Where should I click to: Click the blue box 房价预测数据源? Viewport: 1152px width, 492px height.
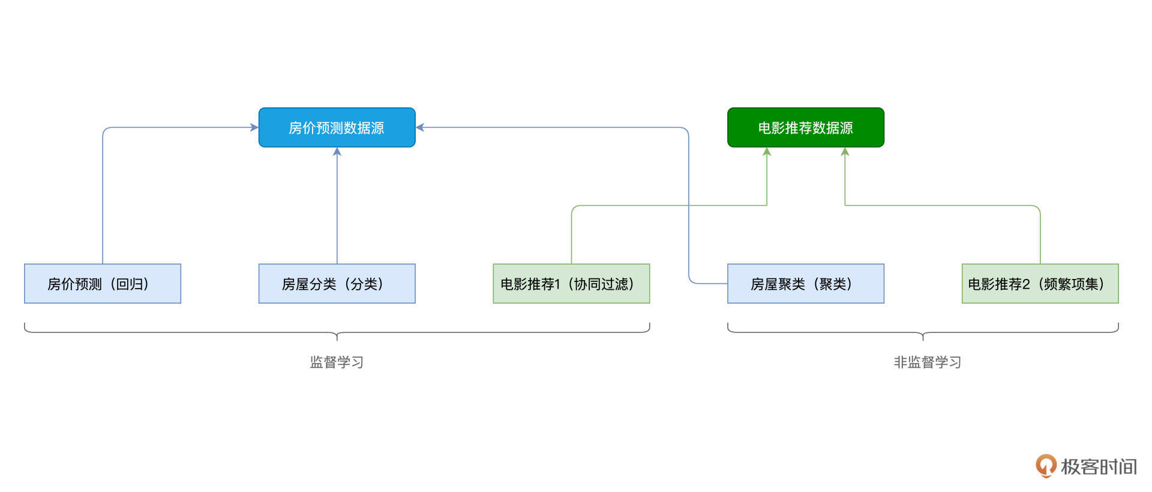pos(337,127)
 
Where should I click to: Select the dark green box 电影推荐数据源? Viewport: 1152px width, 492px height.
pos(805,127)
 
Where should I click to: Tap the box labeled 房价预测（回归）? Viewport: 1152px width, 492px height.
pos(102,283)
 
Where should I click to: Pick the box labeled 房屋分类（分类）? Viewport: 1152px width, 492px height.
pos(337,283)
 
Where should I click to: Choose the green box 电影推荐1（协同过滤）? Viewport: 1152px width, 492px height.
pos(571,283)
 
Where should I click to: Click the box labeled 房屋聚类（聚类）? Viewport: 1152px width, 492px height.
pos(805,283)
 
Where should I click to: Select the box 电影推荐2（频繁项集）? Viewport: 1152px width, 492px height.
pos(1040,283)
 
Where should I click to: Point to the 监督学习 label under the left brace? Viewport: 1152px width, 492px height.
pos(337,362)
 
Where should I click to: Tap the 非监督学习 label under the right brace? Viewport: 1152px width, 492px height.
pos(927,362)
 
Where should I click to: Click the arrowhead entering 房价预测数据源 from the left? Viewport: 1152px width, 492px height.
pos(254,127)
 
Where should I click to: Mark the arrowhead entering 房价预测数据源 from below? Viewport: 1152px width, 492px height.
pos(337,152)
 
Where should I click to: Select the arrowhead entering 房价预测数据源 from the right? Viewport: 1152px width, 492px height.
pos(420,127)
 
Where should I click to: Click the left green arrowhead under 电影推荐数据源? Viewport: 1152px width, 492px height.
pos(766,152)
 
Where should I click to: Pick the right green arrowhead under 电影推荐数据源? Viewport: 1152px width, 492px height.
pos(845,152)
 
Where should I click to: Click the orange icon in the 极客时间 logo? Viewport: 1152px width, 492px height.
pos(1045,466)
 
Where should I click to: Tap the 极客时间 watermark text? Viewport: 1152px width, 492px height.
pos(1098,466)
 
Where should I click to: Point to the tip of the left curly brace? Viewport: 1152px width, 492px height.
pos(337,338)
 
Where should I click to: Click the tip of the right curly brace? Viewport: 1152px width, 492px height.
pos(923,338)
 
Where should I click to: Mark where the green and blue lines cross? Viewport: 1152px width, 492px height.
pos(688,206)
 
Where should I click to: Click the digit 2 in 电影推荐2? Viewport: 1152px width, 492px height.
pos(1026,284)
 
